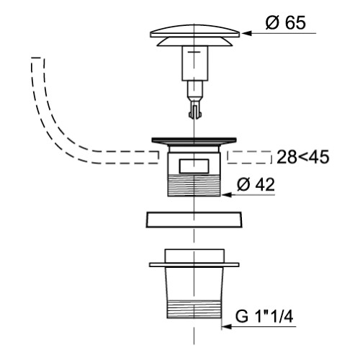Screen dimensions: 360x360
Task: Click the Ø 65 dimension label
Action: [286, 23]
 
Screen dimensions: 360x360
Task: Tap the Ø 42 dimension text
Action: [256, 184]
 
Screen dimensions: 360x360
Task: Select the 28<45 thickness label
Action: [303, 157]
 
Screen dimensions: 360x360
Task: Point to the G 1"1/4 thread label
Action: [264, 317]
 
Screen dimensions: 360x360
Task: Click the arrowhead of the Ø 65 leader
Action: [246, 33]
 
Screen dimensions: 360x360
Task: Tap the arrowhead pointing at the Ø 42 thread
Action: [226, 194]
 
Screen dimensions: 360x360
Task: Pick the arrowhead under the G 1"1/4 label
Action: [226, 327]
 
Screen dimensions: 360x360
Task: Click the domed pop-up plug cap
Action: [195, 35]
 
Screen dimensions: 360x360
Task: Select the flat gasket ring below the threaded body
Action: [194, 220]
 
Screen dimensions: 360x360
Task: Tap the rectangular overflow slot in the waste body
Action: [194, 166]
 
